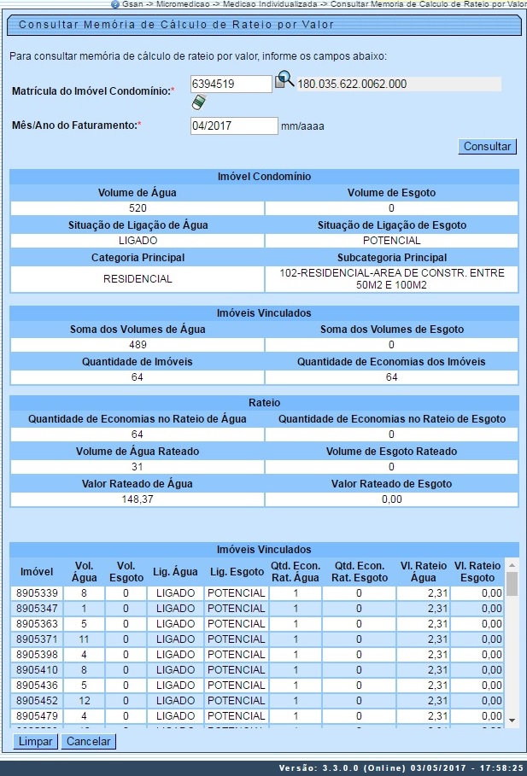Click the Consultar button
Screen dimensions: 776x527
487,146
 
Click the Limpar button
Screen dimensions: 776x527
35,741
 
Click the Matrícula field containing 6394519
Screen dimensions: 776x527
230,84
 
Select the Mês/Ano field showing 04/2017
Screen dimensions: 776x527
233,125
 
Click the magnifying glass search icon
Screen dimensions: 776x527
284,81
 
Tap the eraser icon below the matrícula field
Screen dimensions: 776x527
199,102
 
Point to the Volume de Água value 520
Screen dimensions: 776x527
138,208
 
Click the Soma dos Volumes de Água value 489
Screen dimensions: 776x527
138,345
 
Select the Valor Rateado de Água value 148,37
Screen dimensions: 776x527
138,499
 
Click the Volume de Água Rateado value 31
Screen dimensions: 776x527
138,467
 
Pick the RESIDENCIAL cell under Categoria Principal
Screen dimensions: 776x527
138,278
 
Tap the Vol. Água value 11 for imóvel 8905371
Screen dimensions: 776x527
84,639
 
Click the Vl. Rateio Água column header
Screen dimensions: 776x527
423,571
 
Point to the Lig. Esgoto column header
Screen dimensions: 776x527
236,571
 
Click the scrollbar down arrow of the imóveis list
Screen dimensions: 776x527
512,720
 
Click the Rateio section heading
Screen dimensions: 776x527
264,402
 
